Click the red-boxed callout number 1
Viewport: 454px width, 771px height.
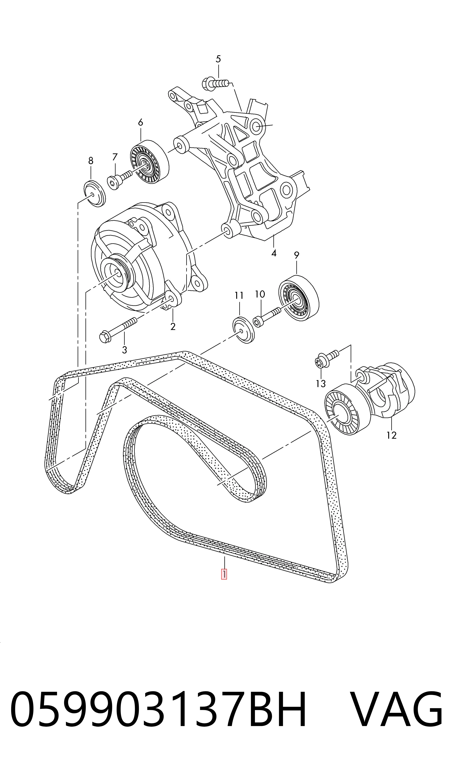pyautogui.click(x=224, y=574)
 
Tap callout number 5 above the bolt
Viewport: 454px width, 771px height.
pyautogui.click(x=218, y=59)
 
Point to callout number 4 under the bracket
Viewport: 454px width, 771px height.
pyautogui.click(x=274, y=253)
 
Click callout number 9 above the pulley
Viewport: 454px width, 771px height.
pyautogui.click(x=297, y=255)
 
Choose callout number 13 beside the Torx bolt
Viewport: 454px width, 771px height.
pyautogui.click(x=321, y=384)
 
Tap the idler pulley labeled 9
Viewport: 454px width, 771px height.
pyautogui.click(x=299, y=298)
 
